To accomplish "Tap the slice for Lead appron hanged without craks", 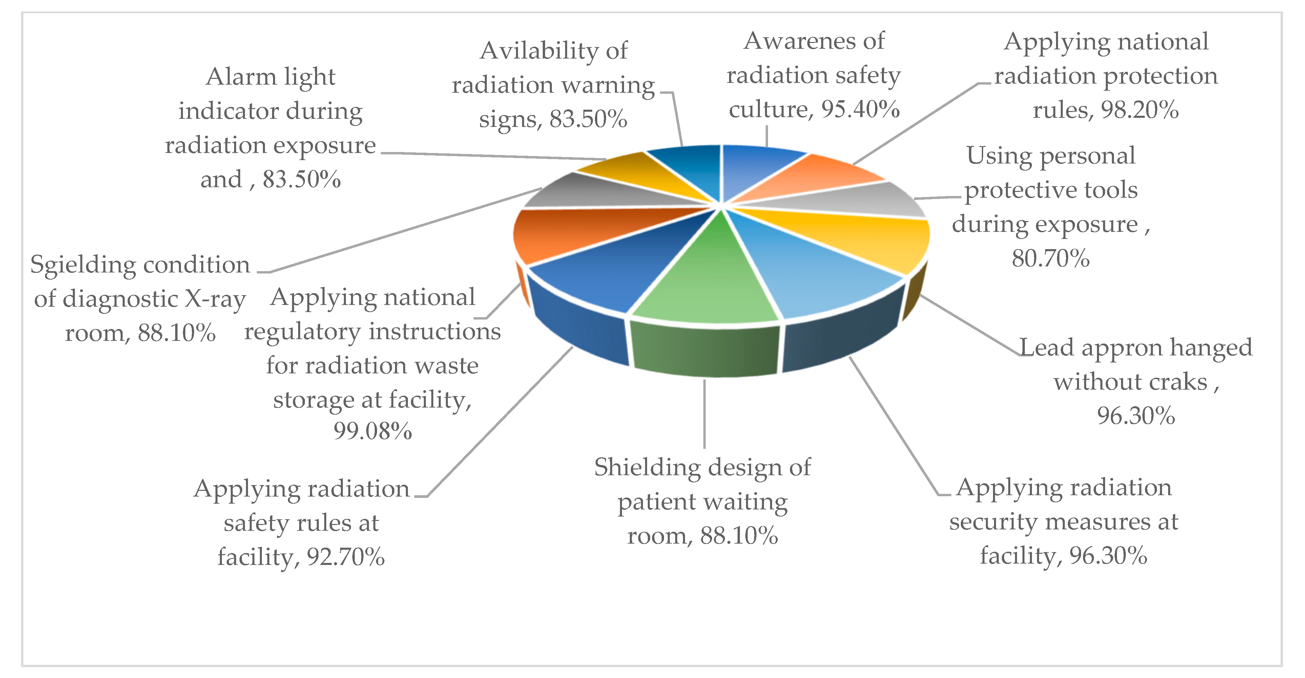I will pos(861,238).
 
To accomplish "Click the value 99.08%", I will pos(372,432).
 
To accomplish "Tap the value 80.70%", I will pos(1050,258).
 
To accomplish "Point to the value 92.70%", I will pos(346,557).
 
